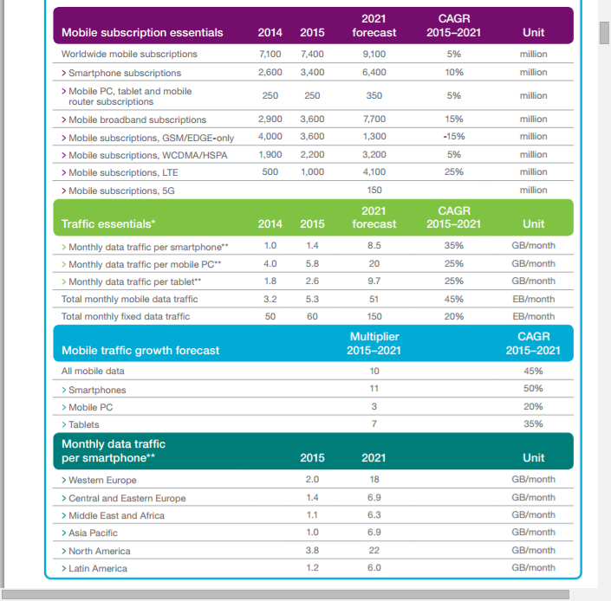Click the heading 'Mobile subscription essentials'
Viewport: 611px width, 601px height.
[142, 33]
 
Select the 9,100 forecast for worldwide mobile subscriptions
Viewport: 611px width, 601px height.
[374, 55]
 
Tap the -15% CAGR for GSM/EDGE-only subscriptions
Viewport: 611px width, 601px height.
[454, 137]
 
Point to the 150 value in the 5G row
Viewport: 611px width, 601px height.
[374, 190]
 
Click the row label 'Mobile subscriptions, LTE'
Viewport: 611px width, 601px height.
[123, 172]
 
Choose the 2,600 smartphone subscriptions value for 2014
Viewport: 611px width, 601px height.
[270, 73]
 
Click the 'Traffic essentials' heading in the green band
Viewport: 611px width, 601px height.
[108, 224]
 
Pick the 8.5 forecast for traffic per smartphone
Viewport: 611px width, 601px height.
[374, 246]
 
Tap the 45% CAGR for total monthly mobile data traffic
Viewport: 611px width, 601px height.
[454, 299]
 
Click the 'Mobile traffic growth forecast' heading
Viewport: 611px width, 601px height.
[140, 351]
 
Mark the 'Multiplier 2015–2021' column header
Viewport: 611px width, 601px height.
[374, 343]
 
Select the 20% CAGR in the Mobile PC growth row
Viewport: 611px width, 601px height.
[534, 407]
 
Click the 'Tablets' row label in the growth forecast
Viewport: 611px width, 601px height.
[83, 424]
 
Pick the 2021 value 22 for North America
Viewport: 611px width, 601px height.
[374, 550]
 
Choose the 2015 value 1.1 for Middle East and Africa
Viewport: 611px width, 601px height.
[312, 515]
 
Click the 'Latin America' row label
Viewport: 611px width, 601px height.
[97, 568]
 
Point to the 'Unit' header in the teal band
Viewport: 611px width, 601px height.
[534, 458]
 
